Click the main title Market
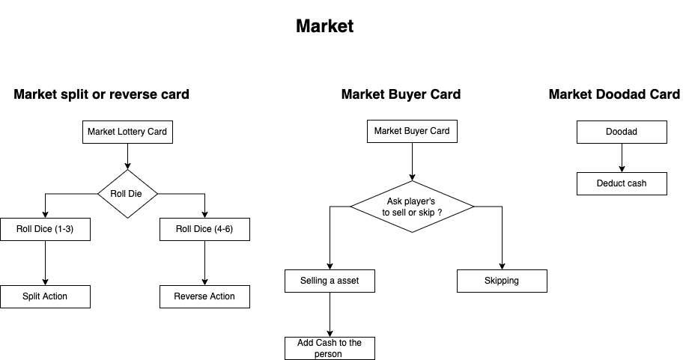pyautogui.click(x=324, y=26)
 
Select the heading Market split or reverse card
pyautogui.click(x=101, y=94)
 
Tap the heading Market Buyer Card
pyautogui.click(x=401, y=94)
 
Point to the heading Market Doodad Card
pyautogui.click(x=614, y=94)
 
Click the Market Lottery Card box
pyautogui.click(x=127, y=132)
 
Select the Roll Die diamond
pyautogui.click(x=128, y=194)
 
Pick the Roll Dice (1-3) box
pyautogui.click(x=46, y=229)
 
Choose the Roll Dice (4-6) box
pyautogui.click(x=204, y=229)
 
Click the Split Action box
pyautogui.click(x=46, y=296)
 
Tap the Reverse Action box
pyautogui.click(x=204, y=296)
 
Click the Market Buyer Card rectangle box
pyautogui.click(x=412, y=131)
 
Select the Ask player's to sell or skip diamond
pyautogui.click(x=413, y=207)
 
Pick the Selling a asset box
pyautogui.click(x=330, y=281)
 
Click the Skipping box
pyautogui.click(x=502, y=281)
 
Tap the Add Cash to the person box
pyautogui.click(x=330, y=348)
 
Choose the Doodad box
pyautogui.click(x=622, y=132)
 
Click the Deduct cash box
pyautogui.click(x=622, y=183)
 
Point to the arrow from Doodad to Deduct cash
pyautogui.click(x=622, y=158)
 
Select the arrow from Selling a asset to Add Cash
pyautogui.click(x=330, y=314)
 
